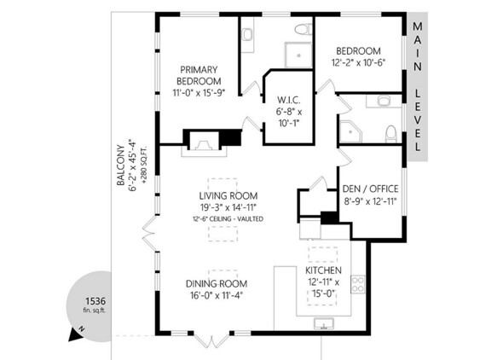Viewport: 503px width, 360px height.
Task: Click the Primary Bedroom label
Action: (199, 75)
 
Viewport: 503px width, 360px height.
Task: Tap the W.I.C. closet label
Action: (289, 101)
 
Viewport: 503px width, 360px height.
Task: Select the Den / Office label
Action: (371, 189)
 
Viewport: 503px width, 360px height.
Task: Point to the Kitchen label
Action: (323, 270)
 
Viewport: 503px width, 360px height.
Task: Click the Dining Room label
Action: (217, 283)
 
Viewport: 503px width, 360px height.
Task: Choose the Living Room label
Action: (228, 195)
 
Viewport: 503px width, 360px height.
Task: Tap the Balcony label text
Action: (120, 165)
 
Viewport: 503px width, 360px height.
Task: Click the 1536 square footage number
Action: (95, 301)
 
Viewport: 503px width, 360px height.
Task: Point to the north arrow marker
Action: (76, 334)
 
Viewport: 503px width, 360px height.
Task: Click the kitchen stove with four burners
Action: (358, 284)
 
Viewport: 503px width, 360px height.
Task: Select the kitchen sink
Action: (324, 324)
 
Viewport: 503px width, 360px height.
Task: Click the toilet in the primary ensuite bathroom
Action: (304, 30)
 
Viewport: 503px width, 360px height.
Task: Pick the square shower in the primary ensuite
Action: (298, 55)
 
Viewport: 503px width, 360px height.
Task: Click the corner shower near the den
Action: (350, 131)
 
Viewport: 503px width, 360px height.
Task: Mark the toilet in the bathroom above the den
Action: (390, 134)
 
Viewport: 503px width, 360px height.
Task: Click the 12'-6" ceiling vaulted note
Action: (228, 219)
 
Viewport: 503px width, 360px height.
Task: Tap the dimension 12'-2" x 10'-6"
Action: (358, 62)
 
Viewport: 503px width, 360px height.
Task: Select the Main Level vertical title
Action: (418, 86)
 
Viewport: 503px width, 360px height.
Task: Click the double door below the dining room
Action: (211, 341)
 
